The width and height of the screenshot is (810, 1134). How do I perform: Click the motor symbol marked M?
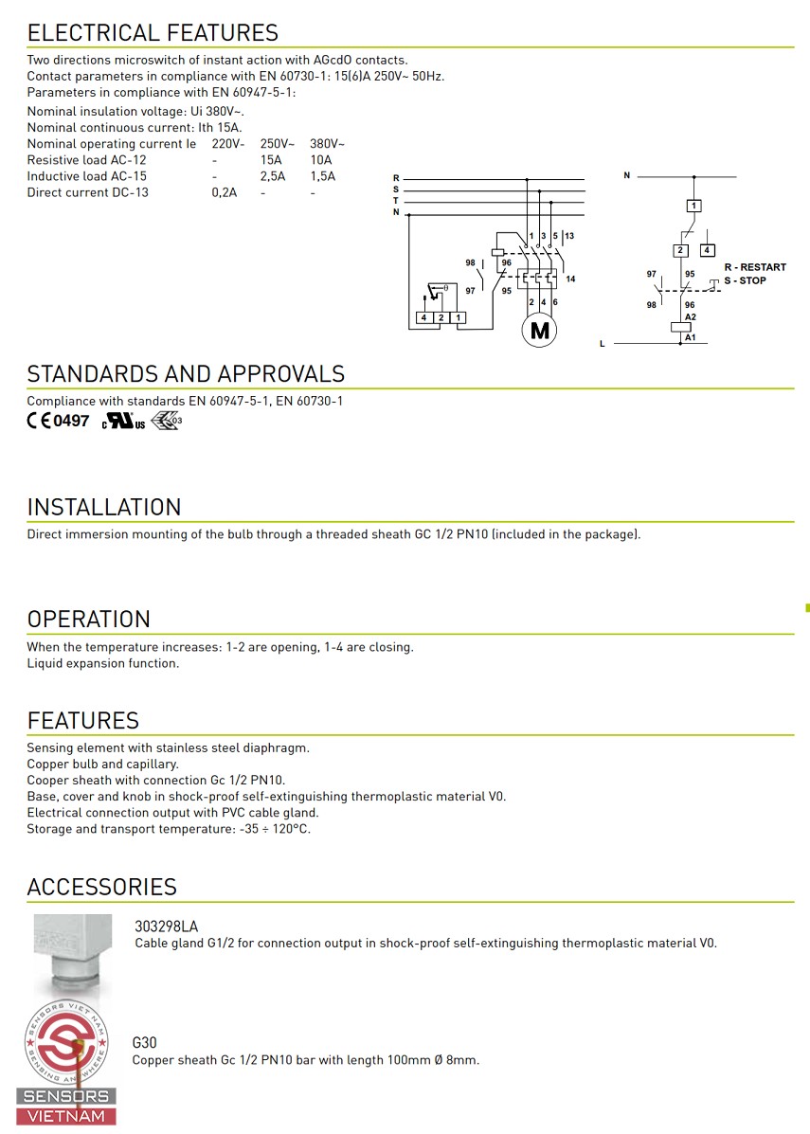[x=540, y=331]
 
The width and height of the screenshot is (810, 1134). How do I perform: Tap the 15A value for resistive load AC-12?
[x=271, y=160]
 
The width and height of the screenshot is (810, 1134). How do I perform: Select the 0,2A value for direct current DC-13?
[x=224, y=192]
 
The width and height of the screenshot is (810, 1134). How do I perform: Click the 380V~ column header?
[x=327, y=144]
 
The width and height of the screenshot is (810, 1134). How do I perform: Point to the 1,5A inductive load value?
[x=322, y=176]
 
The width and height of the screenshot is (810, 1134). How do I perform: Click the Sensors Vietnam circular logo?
[x=67, y=1043]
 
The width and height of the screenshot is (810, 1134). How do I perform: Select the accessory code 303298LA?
[x=167, y=927]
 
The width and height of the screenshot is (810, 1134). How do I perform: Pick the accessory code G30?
[x=144, y=1043]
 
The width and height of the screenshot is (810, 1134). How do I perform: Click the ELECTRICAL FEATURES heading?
[x=153, y=33]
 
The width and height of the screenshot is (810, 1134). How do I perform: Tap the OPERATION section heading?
[x=89, y=619]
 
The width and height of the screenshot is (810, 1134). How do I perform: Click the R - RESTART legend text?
[x=755, y=267]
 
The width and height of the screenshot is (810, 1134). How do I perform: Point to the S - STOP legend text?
[x=746, y=280]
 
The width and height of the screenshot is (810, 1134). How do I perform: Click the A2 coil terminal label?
[x=691, y=316]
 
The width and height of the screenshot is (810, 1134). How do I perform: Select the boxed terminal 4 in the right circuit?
[x=707, y=250]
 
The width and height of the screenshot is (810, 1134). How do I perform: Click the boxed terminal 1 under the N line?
[x=694, y=206]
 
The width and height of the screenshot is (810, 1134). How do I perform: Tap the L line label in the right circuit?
[x=602, y=344]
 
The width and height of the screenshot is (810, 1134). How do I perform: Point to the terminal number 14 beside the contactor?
[x=570, y=279]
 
